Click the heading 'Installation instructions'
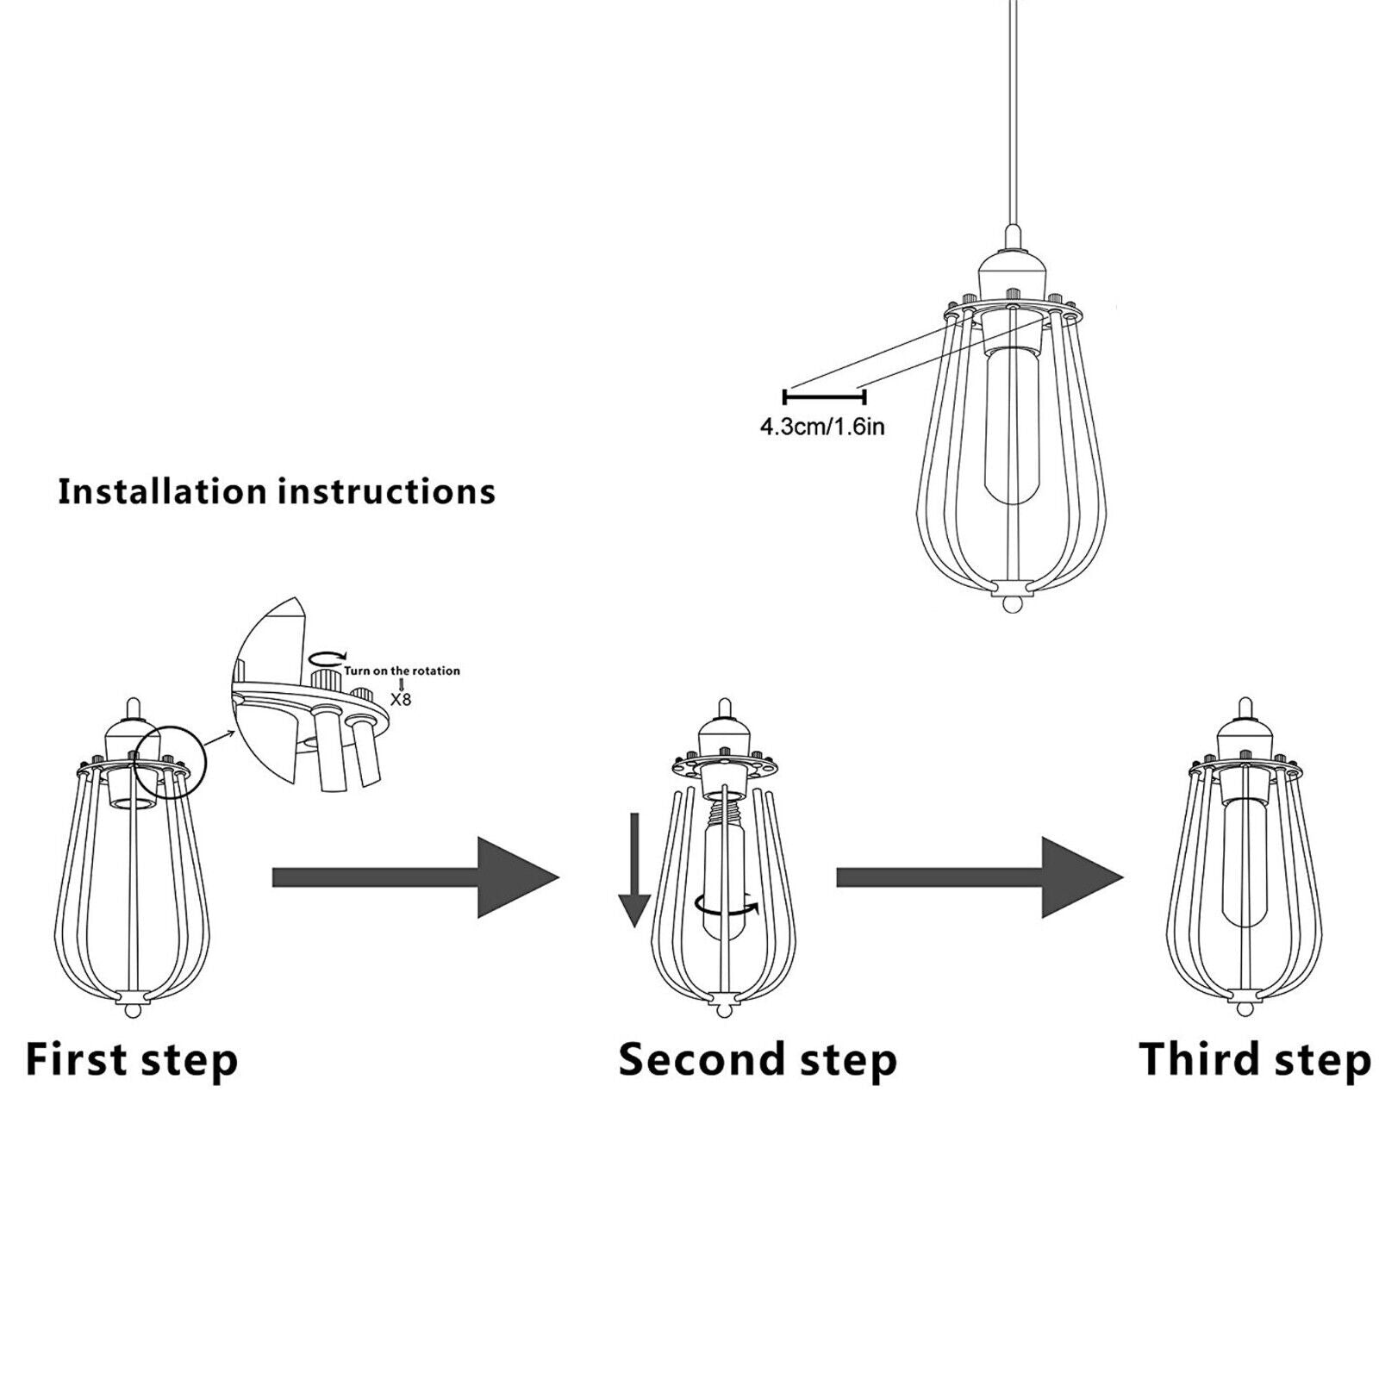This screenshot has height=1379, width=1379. [x=277, y=491]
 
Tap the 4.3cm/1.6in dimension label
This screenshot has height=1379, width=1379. [x=821, y=427]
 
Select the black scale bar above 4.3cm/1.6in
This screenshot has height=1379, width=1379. [x=823, y=396]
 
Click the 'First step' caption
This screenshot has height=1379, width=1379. [x=131, y=1059]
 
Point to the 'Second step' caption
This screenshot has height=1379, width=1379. [x=758, y=1059]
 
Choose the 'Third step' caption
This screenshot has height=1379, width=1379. [x=1254, y=1059]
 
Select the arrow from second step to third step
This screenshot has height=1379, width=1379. [x=979, y=877]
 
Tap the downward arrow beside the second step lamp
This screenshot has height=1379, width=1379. [x=634, y=870]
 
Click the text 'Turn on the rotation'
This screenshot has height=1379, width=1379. [x=402, y=671]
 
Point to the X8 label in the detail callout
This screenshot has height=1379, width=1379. [x=401, y=698]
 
